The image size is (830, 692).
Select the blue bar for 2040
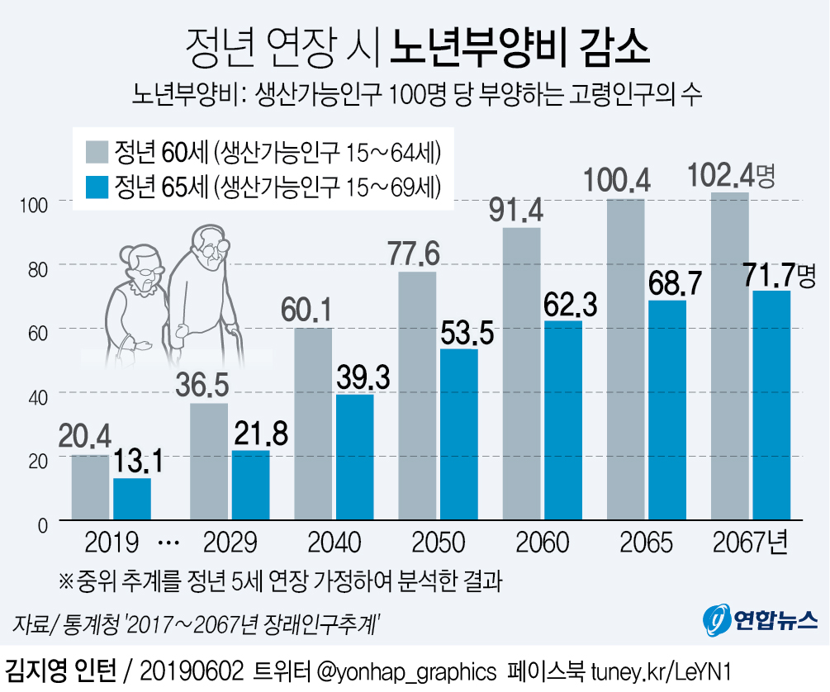(x=355, y=457)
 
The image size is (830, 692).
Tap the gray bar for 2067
(x=728, y=357)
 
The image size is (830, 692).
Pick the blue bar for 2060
(x=562, y=421)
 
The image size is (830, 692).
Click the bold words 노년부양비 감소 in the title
(x=520, y=49)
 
